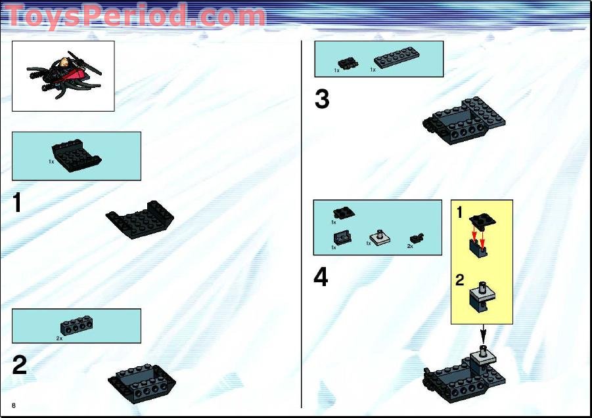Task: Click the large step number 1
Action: (18, 203)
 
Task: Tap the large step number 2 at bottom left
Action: (20, 365)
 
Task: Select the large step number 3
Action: (321, 100)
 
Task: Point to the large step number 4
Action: (321, 278)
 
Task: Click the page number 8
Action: (13, 405)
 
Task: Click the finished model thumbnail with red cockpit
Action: (63, 75)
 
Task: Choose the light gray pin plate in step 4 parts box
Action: (379, 237)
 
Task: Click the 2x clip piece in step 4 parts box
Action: (416, 238)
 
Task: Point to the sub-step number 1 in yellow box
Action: (460, 213)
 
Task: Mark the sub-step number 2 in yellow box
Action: (460, 280)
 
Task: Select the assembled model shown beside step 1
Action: (141, 219)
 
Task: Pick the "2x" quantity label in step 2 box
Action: (60, 339)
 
